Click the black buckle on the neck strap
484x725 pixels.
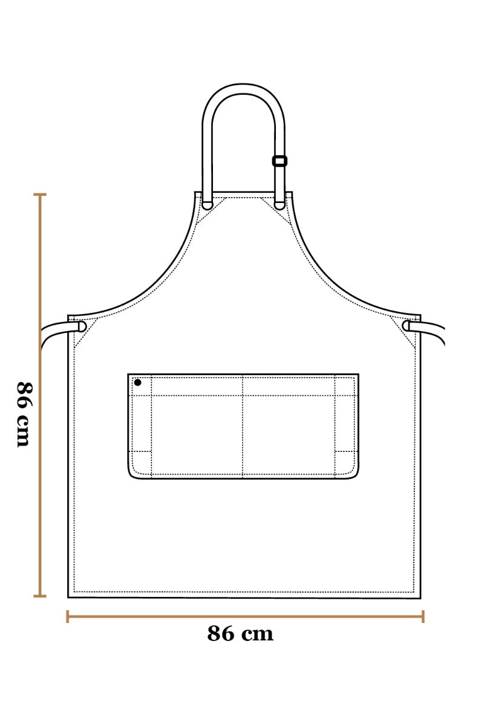pos(280,161)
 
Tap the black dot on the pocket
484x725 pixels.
pos(138,382)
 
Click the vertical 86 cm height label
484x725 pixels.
pos(23,414)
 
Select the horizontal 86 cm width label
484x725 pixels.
pos(240,634)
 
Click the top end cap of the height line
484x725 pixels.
pos(40,195)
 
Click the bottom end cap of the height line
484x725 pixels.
pos(40,596)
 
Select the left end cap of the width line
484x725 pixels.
pos(67,616)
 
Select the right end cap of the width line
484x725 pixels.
pos(423,616)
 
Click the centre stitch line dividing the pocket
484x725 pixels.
pos(243,426)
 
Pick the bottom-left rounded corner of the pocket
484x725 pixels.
pos(132,475)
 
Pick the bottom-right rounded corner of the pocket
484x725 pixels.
pos(355,475)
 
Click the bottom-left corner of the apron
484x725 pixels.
pos(69,596)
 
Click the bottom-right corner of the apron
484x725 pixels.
pos(419,597)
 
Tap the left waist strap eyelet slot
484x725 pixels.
pos(82,326)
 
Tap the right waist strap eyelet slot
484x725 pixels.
pos(406,326)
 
